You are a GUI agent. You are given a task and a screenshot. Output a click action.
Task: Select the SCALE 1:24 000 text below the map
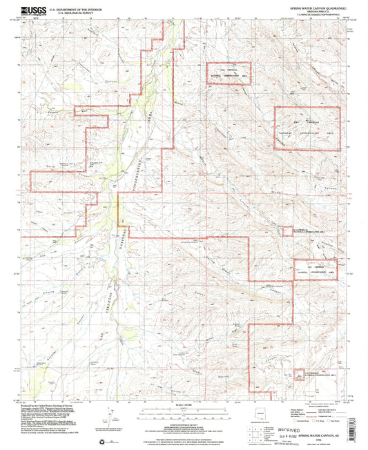click(184, 404)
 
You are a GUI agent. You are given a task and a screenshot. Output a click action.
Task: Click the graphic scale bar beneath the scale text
click(184, 413)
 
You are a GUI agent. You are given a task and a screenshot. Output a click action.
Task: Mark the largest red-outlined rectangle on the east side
click(308, 128)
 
